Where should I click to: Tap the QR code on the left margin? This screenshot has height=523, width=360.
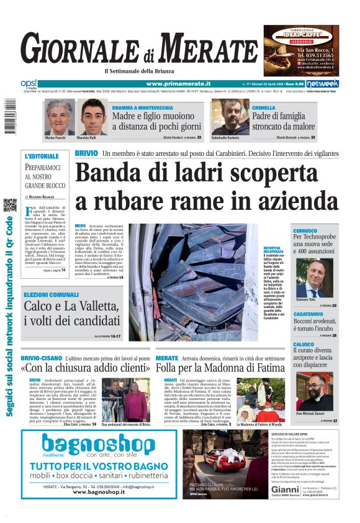click(9, 205)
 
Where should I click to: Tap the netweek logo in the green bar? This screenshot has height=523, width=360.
click(322, 84)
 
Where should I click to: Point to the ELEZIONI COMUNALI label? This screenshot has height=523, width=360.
click(51, 294)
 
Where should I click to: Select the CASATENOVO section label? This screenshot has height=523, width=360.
click(308, 314)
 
